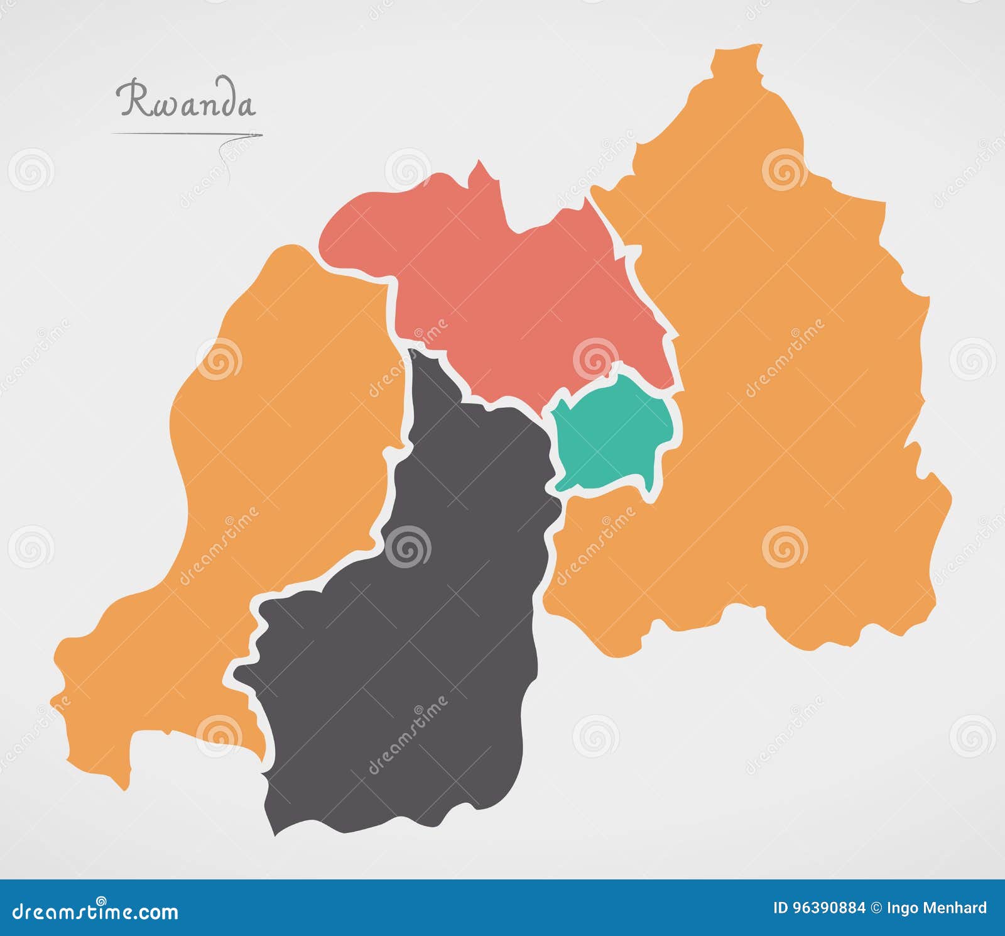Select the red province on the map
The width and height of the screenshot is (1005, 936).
(x=503, y=283)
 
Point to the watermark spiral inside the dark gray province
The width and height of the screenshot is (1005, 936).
(x=408, y=546)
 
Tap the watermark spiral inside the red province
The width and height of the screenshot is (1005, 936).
(x=595, y=358)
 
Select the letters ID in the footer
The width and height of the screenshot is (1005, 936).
(x=780, y=908)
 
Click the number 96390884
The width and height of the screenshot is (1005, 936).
(x=828, y=908)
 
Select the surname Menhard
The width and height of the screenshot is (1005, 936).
(x=959, y=908)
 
